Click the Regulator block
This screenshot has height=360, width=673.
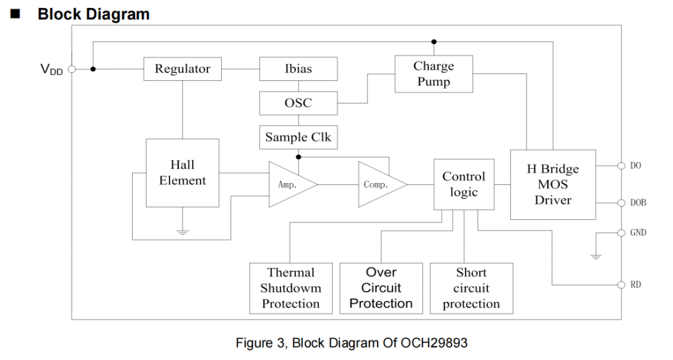[x=183, y=69]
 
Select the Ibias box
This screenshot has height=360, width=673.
[x=298, y=69]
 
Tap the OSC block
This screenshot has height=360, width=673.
[x=298, y=103]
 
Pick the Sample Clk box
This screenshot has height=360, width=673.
[x=298, y=137]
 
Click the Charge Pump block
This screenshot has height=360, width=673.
[x=434, y=73]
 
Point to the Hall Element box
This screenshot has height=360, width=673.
[x=183, y=173]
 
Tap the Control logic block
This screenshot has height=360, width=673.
[x=464, y=184]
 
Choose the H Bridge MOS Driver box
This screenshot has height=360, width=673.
[x=553, y=184]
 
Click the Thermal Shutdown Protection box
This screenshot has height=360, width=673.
[x=291, y=288]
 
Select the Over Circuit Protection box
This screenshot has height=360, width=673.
[x=381, y=288]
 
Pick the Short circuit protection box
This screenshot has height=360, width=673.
[x=471, y=288]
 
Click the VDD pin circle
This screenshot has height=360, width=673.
[x=72, y=69]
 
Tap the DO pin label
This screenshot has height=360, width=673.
[x=636, y=166]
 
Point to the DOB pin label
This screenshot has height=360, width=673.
[x=638, y=202]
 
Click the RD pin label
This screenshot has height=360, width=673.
[x=636, y=285]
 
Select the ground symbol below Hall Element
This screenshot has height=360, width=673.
[x=183, y=232]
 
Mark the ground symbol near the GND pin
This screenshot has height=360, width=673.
[x=596, y=257]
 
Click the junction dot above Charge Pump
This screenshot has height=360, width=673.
[x=434, y=42]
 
